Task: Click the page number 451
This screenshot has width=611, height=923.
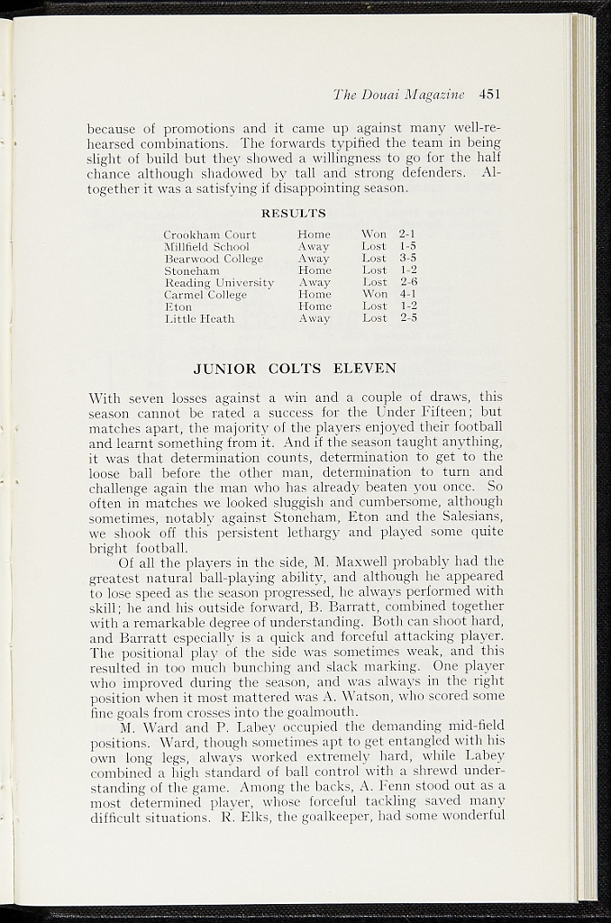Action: (489, 94)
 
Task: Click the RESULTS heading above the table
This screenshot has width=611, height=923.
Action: (293, 214)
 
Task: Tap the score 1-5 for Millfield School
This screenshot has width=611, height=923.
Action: (407, 246)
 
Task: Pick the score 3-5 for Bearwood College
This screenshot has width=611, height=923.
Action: (407, 258)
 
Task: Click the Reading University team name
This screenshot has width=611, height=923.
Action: (219, 282)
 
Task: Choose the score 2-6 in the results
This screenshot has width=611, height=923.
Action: (407, 282)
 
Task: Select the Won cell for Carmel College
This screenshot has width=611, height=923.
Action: (374, 294)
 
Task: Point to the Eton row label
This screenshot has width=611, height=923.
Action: (178, 306)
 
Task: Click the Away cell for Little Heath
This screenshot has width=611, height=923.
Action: (314, 318)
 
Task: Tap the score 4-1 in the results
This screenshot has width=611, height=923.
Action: (407, 294)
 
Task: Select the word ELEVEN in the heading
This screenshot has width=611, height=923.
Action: (365, 369)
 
